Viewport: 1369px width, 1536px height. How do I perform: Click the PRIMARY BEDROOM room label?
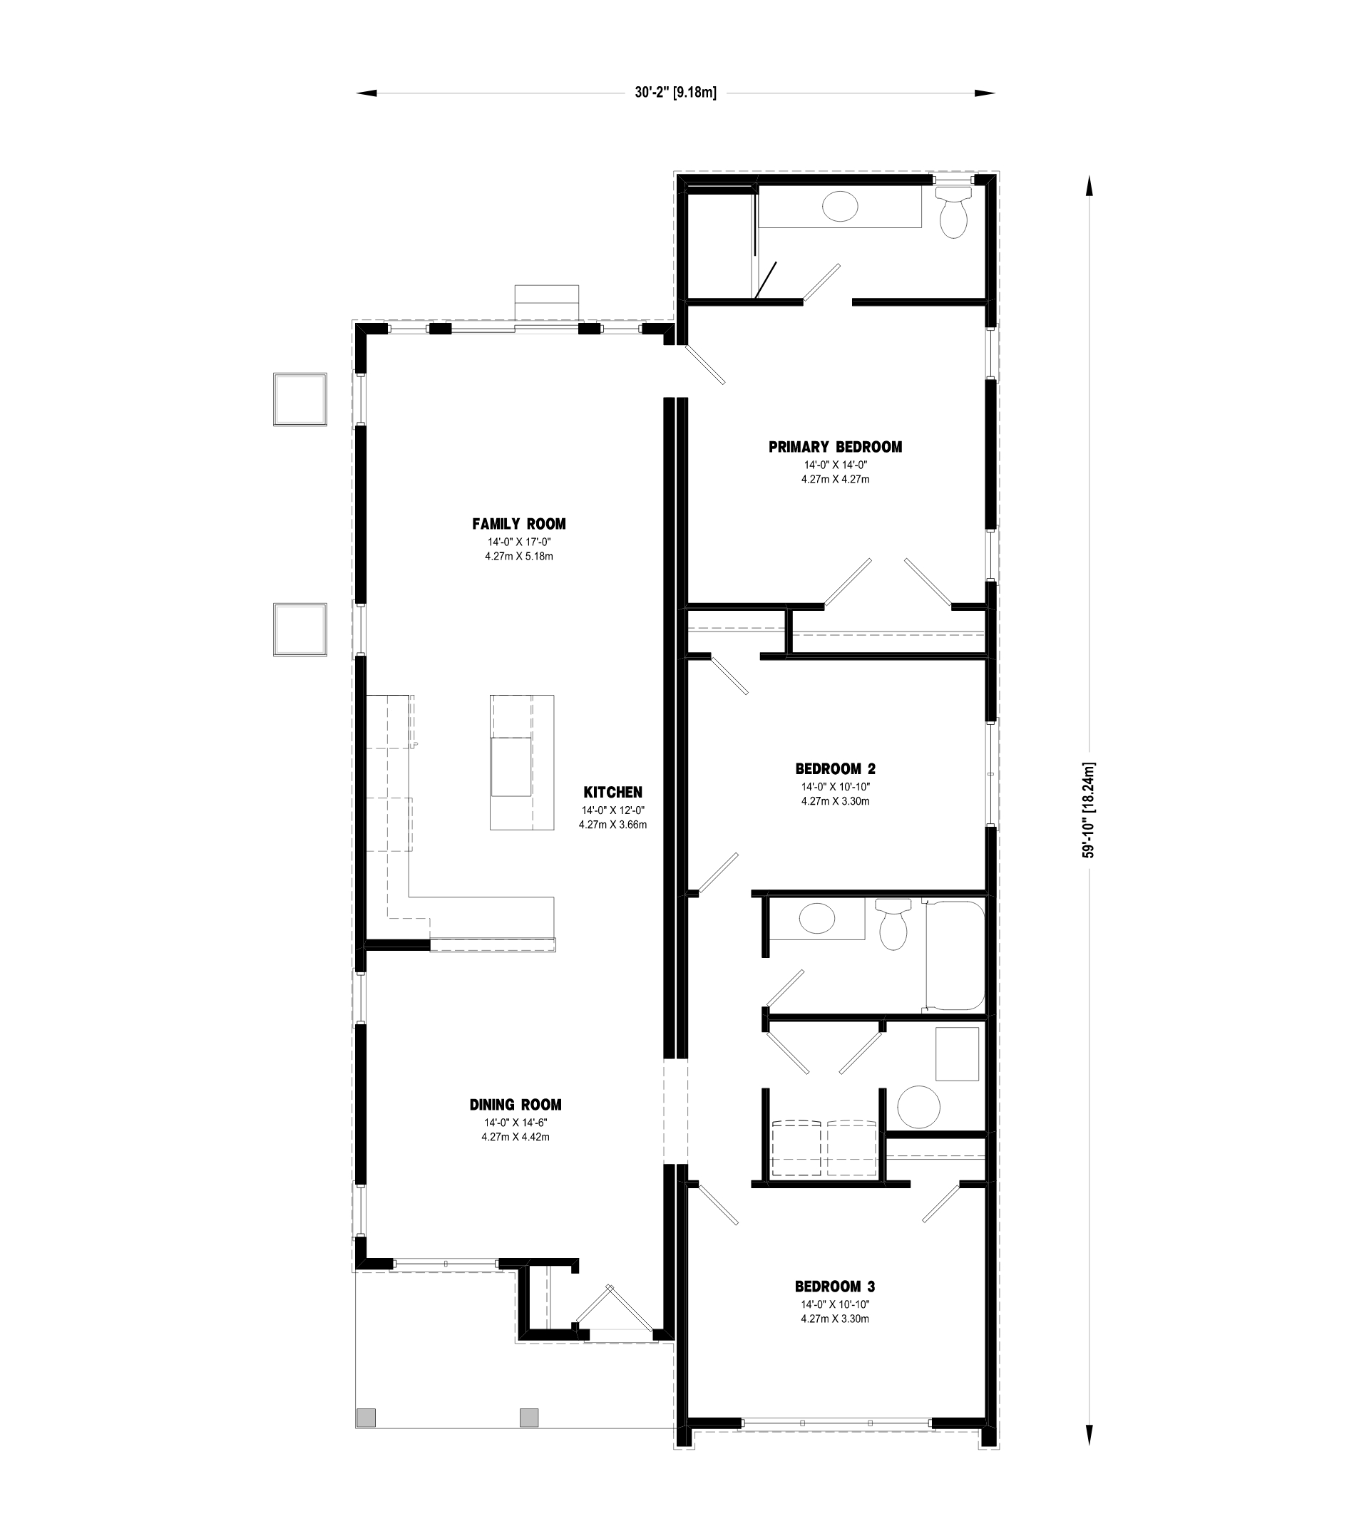835,448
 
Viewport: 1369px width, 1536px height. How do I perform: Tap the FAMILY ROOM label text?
519,524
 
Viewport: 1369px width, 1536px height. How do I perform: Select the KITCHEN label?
613,793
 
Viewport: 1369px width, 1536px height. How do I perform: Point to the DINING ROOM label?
516,1105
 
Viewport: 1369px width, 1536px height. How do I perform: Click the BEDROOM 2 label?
835,769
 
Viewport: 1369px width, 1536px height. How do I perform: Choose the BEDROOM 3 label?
835,1287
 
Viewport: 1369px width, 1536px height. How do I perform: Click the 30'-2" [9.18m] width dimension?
675,93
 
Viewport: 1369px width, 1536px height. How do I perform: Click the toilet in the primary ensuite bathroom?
954,213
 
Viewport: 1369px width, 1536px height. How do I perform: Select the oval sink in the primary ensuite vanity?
839,205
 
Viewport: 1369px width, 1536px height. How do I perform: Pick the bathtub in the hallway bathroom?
955,955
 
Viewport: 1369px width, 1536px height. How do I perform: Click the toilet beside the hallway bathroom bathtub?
893,925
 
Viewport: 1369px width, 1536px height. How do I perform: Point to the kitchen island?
522,763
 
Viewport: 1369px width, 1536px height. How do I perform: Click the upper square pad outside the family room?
300,399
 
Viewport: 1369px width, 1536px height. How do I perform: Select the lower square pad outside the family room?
300,629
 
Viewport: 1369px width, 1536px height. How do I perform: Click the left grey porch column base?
366,1417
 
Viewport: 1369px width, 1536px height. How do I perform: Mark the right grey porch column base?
530,1417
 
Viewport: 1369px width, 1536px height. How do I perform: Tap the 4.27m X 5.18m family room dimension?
519,557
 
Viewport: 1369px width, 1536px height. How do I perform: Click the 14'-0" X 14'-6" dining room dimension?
516,1123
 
